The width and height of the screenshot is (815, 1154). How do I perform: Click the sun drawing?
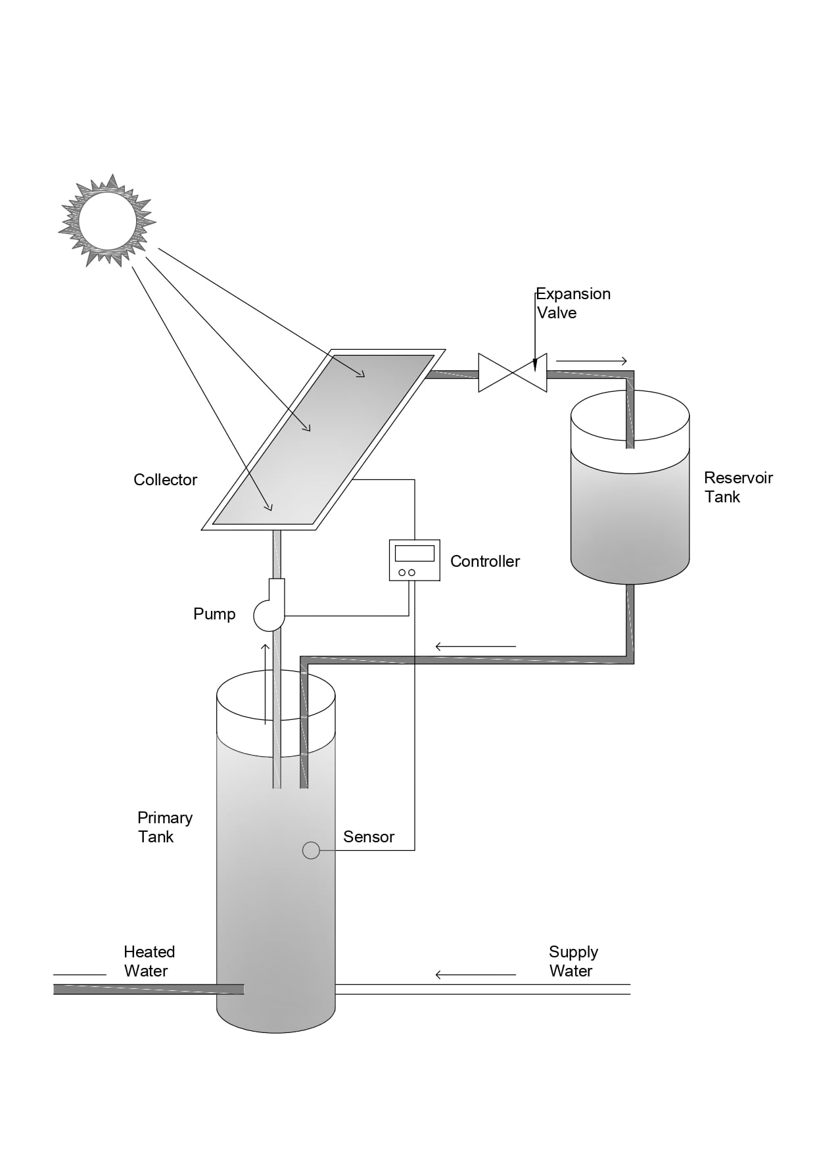(x=108, y=220)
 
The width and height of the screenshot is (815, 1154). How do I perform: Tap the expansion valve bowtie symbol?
(x=513, y=373)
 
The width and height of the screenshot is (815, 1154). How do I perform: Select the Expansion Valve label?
(x=573, y=303)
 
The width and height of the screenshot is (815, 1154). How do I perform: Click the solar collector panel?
(x=323, y=439)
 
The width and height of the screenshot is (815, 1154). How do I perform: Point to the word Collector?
(x=165, y=480)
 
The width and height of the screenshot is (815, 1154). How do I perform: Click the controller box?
(x=414, y=560)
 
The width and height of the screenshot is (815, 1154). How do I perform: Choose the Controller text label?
(x=485, y=562)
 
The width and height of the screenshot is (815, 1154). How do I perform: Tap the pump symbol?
(x=270, y=612)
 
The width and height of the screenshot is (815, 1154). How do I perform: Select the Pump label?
(x=214, y=614)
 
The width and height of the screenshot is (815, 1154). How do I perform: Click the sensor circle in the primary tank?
(x=311, y=850)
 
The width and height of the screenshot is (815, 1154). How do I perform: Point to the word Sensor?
(x=369, y=837)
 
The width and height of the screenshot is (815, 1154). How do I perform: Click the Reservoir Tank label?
(x=737, y=487)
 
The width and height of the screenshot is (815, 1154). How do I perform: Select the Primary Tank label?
(x=164, y=827)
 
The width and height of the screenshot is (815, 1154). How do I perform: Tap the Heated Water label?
(x=149, y=961)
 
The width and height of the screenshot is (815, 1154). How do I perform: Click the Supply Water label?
(x=573, y=961)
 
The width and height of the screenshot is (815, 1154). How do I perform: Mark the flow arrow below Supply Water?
(x=476, y=974)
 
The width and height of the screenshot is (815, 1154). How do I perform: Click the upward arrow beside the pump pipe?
(x=266, y=684)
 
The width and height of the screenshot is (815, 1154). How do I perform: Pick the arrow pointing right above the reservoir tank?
(x=592, y=361)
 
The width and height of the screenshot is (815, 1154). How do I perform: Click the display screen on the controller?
(x=414, y=552)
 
